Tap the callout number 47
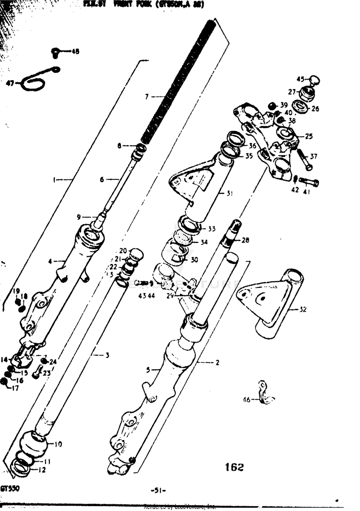click(11, 83)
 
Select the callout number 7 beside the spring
click(147, 97)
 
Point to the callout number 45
click(300, 80)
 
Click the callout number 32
click(302, 309)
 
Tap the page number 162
click(234, 467)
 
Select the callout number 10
click(58, 444)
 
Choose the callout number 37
click(313, 156)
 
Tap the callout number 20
click(122, 251)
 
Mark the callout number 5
click(148, 370)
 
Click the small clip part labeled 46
click(264, 393)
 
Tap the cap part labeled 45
click(314, 80)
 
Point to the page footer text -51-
click(158, 490)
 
